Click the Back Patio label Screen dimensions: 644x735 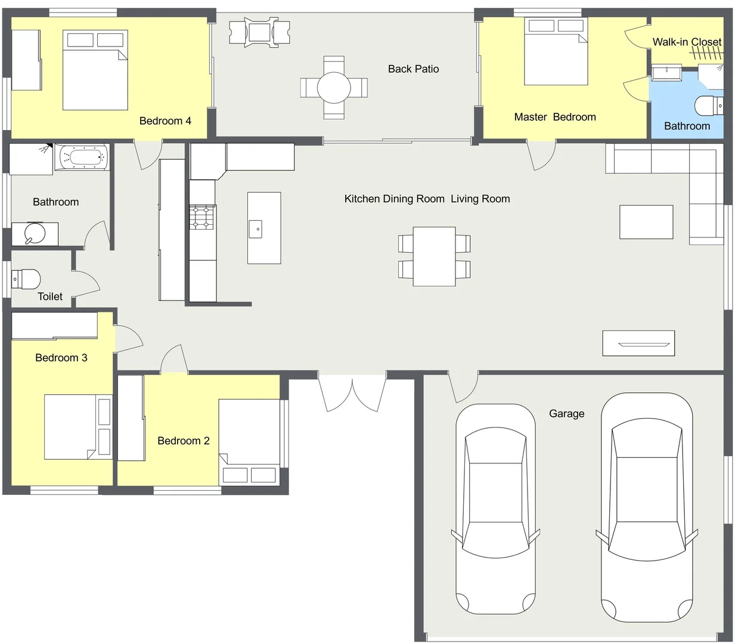(413, 69)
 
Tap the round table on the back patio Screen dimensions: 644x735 (334, 88)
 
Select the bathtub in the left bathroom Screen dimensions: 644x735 (82, 158)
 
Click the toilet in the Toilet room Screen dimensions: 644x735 (27, 279)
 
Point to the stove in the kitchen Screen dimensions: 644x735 (202, 218)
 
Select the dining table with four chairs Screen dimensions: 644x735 (434, 256)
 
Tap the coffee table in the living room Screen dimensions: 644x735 (646, 222)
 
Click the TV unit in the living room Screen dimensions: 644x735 (638, 343)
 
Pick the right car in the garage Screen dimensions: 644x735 (647, 507)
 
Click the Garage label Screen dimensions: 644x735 (566, 414)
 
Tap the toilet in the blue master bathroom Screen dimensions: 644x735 (709, 106)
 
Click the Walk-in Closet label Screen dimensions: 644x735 (687, 42)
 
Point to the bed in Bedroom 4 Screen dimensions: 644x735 (95, 70)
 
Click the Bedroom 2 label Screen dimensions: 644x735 (183, 441)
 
